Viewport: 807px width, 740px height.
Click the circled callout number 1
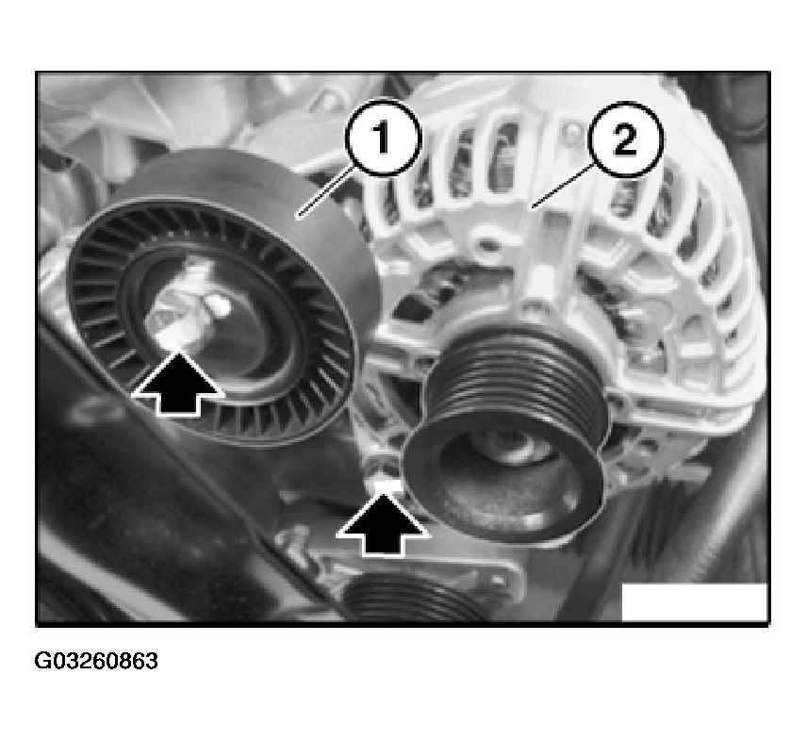pos(382,138)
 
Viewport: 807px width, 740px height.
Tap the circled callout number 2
pos(625,140)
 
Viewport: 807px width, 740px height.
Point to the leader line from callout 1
pos(326,190)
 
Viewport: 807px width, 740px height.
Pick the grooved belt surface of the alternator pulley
pos(515,381)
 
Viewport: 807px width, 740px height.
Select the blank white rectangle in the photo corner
pos(695,602)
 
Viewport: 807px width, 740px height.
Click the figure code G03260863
pos(96,661)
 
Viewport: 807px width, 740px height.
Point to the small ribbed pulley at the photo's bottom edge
pos(412,600)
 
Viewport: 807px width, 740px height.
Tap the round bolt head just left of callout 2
pos(569,133)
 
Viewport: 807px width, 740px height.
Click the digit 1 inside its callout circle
pos(382,138)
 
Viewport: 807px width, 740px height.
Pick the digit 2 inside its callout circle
pos(625,140)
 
